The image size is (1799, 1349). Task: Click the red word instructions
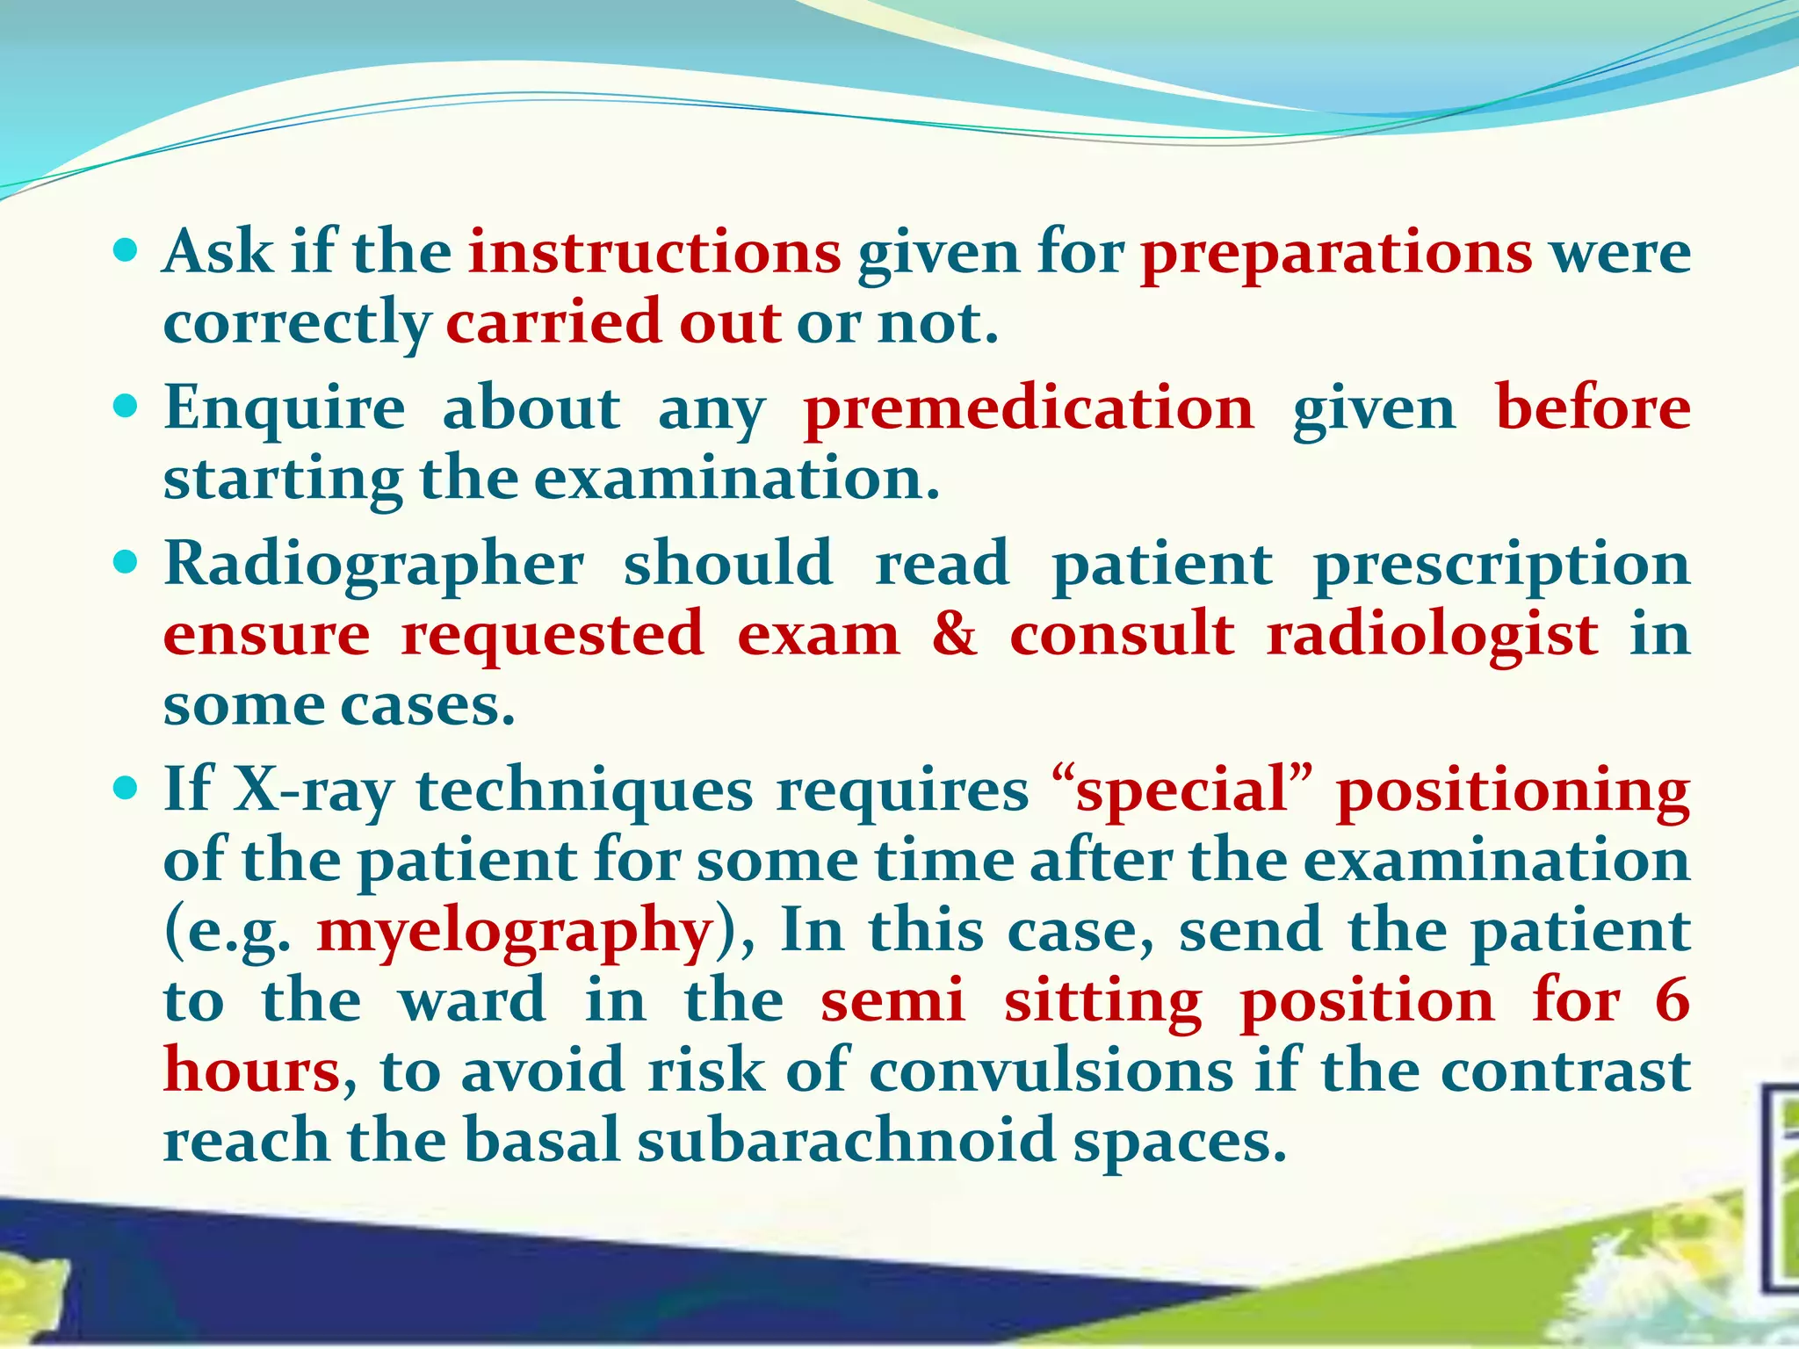[x=654, y=253]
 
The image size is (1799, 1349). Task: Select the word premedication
[x=1029, y=408]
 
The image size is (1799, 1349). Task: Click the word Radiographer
[x=374, y=566]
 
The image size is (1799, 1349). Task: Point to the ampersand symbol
[x=955, y=634]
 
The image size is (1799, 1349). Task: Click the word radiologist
[x=1432, y=634]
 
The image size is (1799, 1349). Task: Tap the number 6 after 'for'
[x=1672, y=1001]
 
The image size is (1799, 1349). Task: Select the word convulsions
[x=1051, y=1071]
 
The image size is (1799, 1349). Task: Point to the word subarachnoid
[x=846, y=1140]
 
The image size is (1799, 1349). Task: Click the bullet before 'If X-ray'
[x=126, y=789]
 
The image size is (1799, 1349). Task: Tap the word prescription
[x=1502, y=566]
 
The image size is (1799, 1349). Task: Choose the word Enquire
[x=285, y=410]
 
